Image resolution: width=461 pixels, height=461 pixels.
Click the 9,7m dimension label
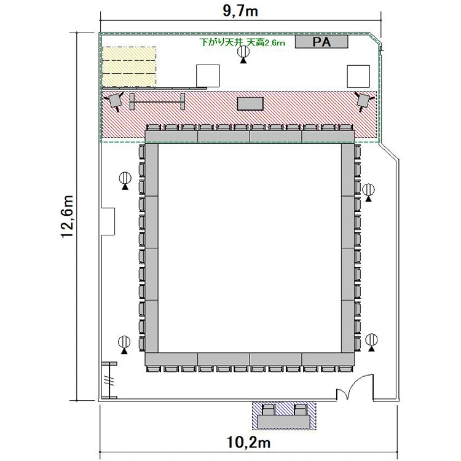(240, 11)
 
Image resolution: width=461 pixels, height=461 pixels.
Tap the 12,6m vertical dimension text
(67, 216)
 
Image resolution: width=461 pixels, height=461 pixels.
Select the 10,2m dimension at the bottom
(249, 442)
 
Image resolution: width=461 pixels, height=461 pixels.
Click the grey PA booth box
(321, 41)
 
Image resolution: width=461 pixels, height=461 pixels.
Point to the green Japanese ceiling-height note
(242, 42)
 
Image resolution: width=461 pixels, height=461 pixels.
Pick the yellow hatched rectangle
(129, 67)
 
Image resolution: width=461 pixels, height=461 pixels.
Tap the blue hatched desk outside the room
(284, 416)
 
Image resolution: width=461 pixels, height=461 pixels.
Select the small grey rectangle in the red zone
(250, 104)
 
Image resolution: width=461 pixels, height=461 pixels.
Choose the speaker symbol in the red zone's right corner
(363, 101)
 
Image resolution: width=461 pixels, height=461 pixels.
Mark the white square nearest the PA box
(358, 76)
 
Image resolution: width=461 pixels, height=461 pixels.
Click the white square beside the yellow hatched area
(208, 76)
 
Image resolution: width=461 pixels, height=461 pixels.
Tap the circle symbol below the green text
(243, 54)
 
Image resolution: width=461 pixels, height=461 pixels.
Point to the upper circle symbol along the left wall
(125, 181)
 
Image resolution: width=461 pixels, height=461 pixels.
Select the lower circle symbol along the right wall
(372, 342)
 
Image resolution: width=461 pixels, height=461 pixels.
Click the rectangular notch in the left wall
(108, 222)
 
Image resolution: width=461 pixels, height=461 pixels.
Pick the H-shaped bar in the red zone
(157, 101)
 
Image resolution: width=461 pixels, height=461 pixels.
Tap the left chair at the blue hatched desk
(268, 409)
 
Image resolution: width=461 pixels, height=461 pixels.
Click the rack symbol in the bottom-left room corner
(109, 380)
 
